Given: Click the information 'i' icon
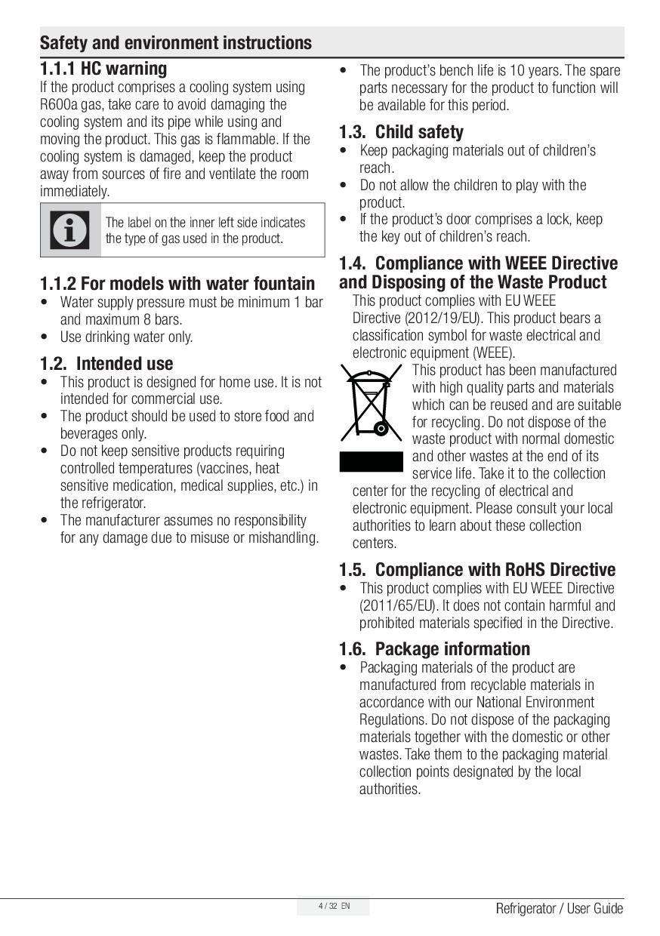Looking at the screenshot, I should [x=70, y=230].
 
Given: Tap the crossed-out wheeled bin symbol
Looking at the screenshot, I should [x=370, y=404].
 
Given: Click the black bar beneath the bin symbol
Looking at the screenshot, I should [x=371, y=461].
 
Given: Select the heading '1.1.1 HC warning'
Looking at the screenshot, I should [x=103, y=69].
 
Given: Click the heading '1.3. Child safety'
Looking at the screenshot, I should [x=401, y=132].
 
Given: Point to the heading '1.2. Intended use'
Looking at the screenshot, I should [x=106, y=363].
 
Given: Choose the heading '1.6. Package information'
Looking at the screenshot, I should [x=434, y=648].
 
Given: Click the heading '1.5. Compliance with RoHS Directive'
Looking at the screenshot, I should [x=476, y=569].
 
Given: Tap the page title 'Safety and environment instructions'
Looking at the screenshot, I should [x=175, y=43].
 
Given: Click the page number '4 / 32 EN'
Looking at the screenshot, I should [x=333, y=906].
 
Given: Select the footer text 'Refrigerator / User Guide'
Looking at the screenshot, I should [x=559, y=908].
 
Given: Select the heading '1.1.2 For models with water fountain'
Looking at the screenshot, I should [x=177, y=284].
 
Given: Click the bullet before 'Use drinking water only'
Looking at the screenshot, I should [x=45, y=337].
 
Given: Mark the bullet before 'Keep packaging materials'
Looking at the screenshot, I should [x=344, y=150].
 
